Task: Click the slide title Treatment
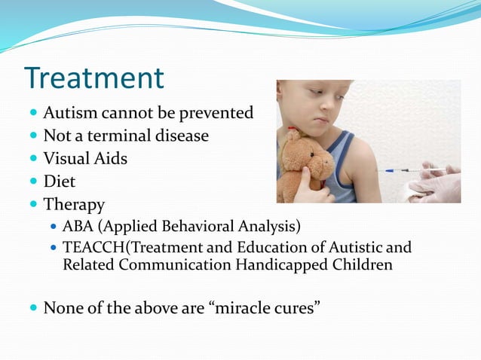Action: coord(93,78)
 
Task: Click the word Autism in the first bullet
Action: coord(69,114)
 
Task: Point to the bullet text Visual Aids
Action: coord(85,159)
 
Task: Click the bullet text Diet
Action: coord(60,182)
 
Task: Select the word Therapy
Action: coord(74,204)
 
